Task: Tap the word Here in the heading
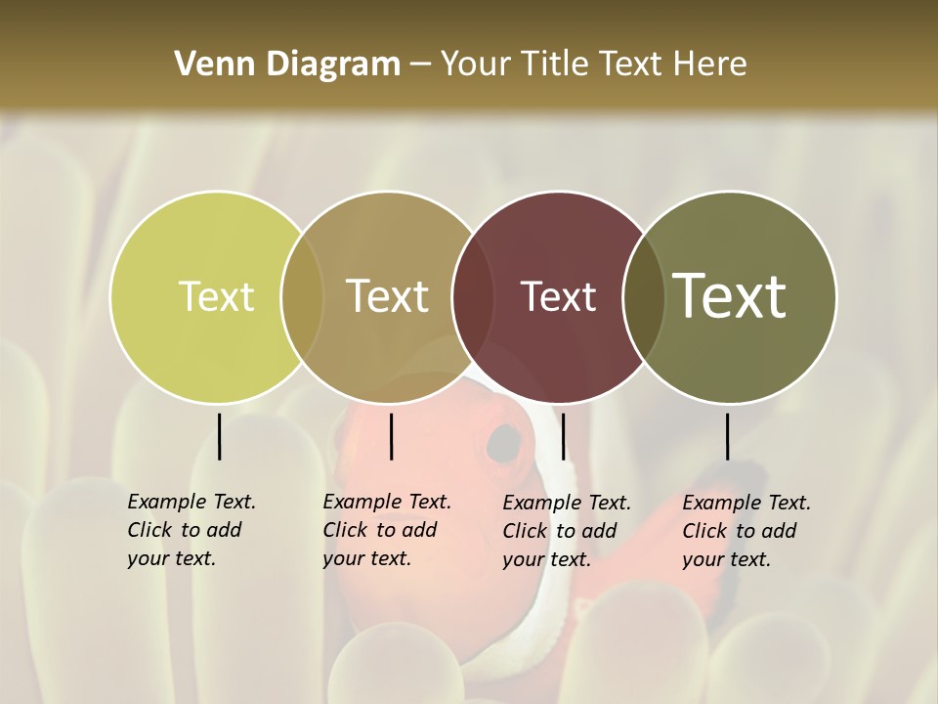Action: (x=710, y=65)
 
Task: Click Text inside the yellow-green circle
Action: (x=216, y=296)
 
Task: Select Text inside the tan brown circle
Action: (x=388, y=296)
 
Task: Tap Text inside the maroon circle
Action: (x=558, y=296)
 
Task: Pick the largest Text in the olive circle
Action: (x=730, y=296)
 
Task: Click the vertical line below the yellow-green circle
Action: (x=219, y=436)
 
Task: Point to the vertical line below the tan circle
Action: (x=391, y=436)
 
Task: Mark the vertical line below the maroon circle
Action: (x=563, y=436)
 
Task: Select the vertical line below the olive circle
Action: (x=728, y=436)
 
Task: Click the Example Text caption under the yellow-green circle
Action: (x=191, y=530)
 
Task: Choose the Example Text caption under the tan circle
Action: (x=386, y=530)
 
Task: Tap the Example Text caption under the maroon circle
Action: (x=566, y=531)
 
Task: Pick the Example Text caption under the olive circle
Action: (x=746, y=531)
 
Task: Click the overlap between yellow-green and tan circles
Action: (x=302, y=297)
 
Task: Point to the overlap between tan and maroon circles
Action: (x=473, y=297)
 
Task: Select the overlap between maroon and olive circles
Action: (x=644, y=297)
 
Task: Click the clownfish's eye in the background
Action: (x=504, y=444)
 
